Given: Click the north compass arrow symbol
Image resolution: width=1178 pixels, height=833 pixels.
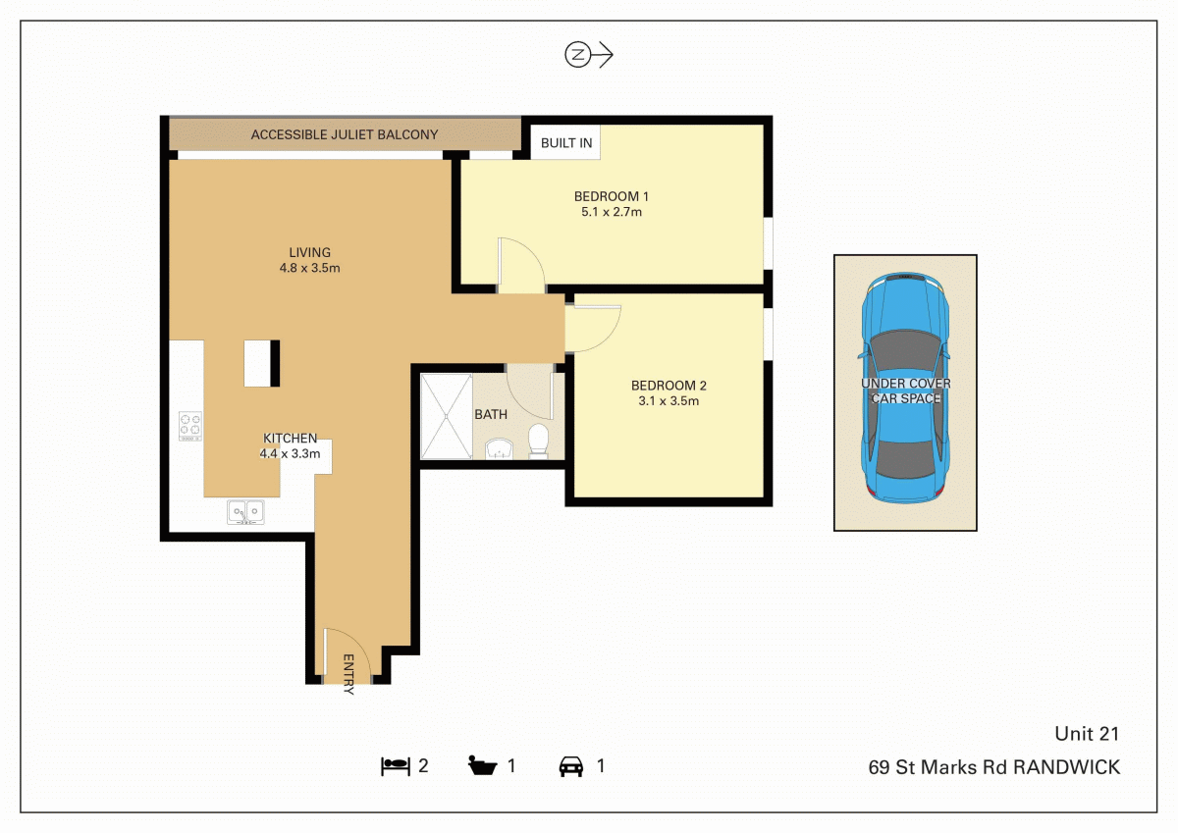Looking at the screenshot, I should [589, 56].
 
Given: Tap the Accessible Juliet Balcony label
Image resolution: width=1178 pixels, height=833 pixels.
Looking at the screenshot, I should [345, 134].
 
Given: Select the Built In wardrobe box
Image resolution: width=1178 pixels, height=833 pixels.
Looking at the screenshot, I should [566, 142].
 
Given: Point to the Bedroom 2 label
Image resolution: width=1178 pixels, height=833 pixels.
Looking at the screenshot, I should [669, 386].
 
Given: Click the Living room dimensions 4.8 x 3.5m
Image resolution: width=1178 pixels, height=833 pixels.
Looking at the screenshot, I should [309, 268].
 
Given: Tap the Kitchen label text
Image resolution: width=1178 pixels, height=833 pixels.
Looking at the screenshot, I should [290, 439].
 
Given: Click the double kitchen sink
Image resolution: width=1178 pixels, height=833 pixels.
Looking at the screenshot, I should [245, 511].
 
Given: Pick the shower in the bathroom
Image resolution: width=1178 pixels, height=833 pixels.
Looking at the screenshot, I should [447, 416].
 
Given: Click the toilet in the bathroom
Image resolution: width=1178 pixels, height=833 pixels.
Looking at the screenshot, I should [538, 441].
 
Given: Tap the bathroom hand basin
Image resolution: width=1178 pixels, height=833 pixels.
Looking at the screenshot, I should [499, 449].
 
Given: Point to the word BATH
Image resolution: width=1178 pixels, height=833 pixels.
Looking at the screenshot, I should [491, 415].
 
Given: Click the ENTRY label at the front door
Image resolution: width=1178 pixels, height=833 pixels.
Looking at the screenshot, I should [348, 674].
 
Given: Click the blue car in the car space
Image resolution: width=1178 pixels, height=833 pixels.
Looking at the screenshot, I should [905, 389].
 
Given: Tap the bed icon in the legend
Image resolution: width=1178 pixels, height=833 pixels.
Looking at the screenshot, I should [395, 766].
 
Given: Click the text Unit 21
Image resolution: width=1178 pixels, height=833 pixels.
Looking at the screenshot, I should [1087, 734].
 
